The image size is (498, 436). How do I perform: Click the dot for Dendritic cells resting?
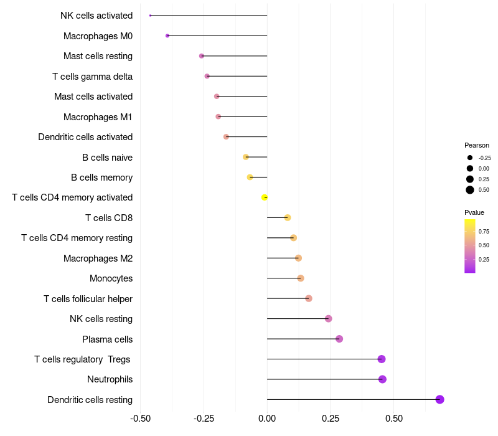(x=439, y=399)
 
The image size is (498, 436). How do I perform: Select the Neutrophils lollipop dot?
(x=382, y=379)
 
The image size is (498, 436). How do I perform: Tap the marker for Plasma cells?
(x=339, y=339)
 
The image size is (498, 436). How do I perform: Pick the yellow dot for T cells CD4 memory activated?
(x=265, y=197)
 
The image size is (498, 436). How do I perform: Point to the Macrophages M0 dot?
(x=167, y=36)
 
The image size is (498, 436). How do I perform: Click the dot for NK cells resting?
(x=329, y=319)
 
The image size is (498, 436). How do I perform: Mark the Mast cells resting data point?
(x=202, y=56)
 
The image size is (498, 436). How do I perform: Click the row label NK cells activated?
(x=96, y=16)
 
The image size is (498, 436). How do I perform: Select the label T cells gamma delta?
(x=92, y=76)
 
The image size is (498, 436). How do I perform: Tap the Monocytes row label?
(x=111, y=278)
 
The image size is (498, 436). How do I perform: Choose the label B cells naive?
(x=107, y=157)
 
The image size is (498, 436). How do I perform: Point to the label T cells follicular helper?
(x=88, y=298)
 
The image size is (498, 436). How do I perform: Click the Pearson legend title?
(x=477, y=145)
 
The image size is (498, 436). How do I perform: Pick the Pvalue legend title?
(x=474, y=212)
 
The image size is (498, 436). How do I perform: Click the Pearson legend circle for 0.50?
(x=470, y=190)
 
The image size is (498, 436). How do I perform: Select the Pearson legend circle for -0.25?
(x=470, y=158)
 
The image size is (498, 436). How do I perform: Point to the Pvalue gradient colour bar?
(x=470, y=246)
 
